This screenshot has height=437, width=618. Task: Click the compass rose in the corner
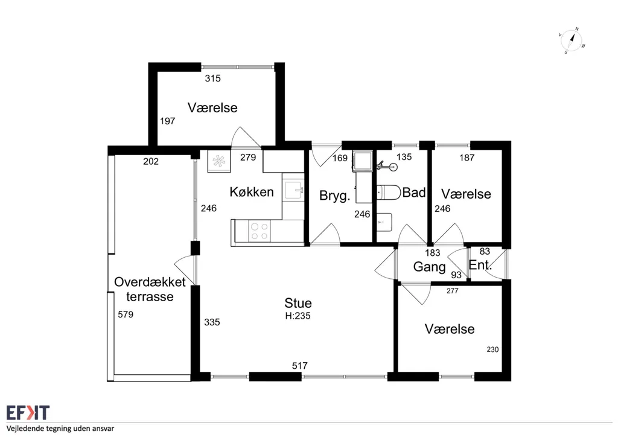pyautogui.click(x=572, y=40)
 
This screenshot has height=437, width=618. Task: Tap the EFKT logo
pyautogui.click(x=28, y=413)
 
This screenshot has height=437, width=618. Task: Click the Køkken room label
pyautogui.click(x=252, y=192)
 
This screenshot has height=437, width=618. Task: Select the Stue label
pyautogui.click(x=298, y=302)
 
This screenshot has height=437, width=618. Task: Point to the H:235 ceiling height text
pyautogui.click(x=298, y=316)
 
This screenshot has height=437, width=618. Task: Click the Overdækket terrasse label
pyautogui.click(x=150, y=289)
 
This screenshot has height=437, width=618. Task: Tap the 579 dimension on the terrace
pyautogui.click(x=126, y=314)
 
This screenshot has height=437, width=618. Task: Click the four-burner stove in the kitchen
pyautogui.click(x=260, y=231)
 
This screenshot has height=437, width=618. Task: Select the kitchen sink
pyautogui.click(x=293, y=191)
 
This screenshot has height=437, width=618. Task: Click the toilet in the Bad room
pyautogui.click(x=389, y=193)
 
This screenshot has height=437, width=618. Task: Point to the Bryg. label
pyautogui.click(x=334, y=196)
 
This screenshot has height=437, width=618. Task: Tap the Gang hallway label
pyautogui.click(x=429, y=267)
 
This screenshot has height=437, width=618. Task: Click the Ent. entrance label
pyautogui.click(x=480, y=265)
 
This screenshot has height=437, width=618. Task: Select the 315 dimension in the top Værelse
pyautogui.click(x=213, y=78)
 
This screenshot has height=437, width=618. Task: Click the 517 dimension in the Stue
pyautogui.click(x=299, y=366)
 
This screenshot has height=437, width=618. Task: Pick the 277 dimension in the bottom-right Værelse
pyautogui.click(x=453, y=291)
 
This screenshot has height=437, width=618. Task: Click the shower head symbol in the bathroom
pyautogui.click(x=386, y=166)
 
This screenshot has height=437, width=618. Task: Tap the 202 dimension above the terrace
pyautogui.click(x=151, y=161)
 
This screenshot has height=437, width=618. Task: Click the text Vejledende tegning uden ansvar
pyautogui.click(x=60, y=429)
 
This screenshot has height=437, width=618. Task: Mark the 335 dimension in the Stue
pyautogui.click(x=212, y=322)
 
